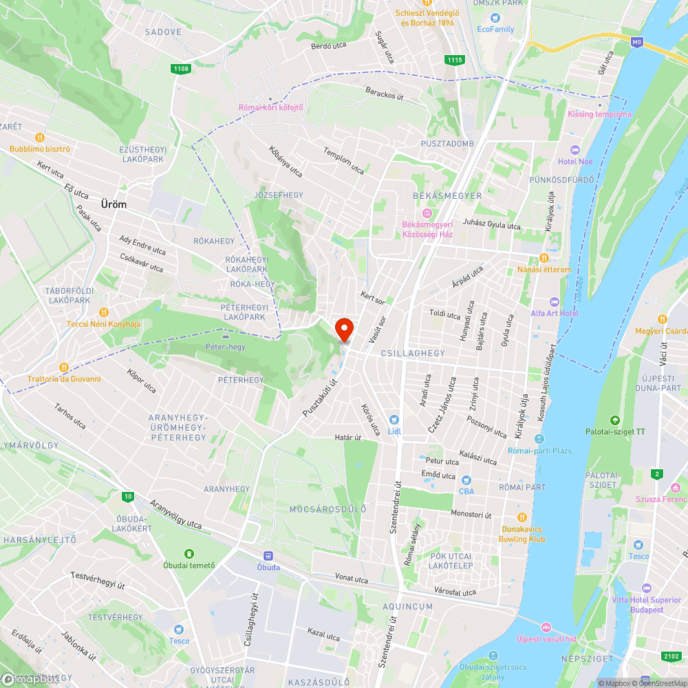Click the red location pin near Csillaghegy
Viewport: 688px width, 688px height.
click(343, 330)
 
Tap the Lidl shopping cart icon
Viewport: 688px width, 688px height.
click(394, 420)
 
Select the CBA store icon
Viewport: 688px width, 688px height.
click(466, 480)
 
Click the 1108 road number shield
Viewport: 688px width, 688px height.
click(181, 68)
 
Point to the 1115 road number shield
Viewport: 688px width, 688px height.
click(454, 60)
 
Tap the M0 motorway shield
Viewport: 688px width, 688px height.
click(637, 42)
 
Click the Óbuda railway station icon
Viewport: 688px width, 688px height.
click(268, 556)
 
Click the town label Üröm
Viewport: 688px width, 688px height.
click(114, 204)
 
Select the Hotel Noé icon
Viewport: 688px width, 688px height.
click(575, 150)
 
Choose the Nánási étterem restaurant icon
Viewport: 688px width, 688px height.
click(544, 258)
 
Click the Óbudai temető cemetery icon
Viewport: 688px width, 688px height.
click(189, 554)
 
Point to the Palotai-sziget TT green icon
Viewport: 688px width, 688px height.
click(614, 420)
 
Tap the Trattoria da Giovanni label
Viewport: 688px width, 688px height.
click(64, 378)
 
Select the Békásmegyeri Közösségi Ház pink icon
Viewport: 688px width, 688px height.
click(427, 213)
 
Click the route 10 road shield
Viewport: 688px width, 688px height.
click(127, 496)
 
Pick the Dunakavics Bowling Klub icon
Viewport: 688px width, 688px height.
click(522, 517)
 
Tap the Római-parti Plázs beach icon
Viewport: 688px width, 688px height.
click(539, 439)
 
